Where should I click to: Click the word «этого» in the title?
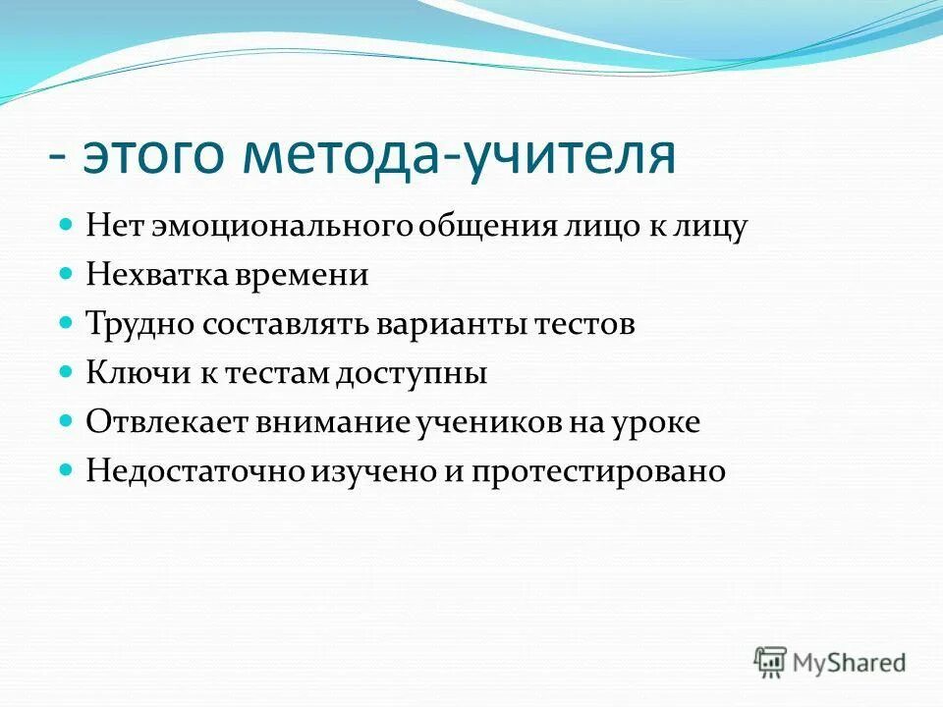point(146,158)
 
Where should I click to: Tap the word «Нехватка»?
point(156,276)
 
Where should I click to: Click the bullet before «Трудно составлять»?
point(67,322)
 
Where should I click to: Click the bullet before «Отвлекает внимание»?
point(67,420)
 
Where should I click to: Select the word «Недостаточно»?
point(196,472)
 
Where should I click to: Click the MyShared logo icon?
point(771,662)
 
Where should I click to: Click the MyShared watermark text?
point(850,663)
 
